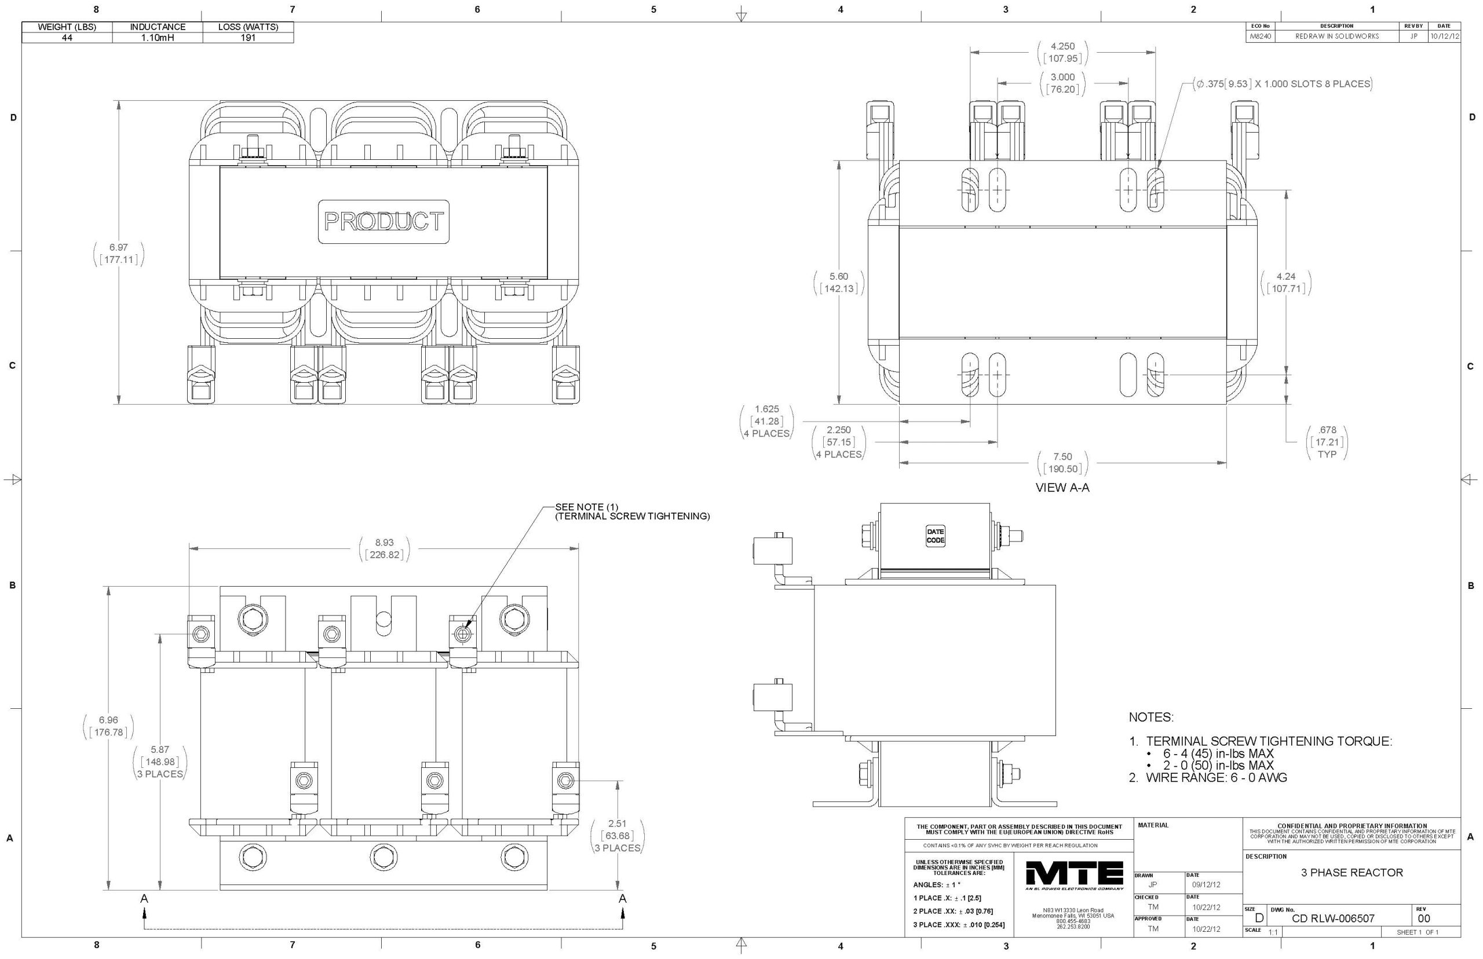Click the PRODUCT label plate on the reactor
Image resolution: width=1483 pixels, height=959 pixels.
click(x=383, y=221)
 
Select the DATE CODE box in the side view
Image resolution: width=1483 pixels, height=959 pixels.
click(x=935, y=536)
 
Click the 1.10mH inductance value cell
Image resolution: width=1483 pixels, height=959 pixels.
click(x=158, y=38)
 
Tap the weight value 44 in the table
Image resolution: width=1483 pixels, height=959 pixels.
click(x=67, y=38)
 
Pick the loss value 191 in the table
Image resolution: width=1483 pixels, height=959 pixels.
click(x=248, y=38)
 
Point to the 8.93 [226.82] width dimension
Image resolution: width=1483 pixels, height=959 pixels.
click(x=383, y=548)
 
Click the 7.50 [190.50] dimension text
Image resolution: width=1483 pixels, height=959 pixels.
click(x=1062, y=463)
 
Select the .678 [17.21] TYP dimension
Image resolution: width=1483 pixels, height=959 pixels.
click(x=1327, y=441)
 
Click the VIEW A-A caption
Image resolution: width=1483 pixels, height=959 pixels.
click(x=1062, y=488)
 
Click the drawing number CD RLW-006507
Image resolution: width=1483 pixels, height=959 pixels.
click(x=1333, y=918)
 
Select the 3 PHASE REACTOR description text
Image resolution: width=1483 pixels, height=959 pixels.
click(x=1351, y=873)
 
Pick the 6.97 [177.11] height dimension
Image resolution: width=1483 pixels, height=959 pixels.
click(x=118, y=254)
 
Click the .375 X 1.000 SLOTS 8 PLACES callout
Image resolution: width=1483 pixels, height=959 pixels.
click(x=1283, y=83)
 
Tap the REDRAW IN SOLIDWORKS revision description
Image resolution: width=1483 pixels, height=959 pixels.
click(x=1336, y=36)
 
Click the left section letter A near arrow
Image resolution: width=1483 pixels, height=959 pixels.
click(x=144, y=899)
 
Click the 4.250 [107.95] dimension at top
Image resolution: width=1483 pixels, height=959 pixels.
click(x=1062, y=52)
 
